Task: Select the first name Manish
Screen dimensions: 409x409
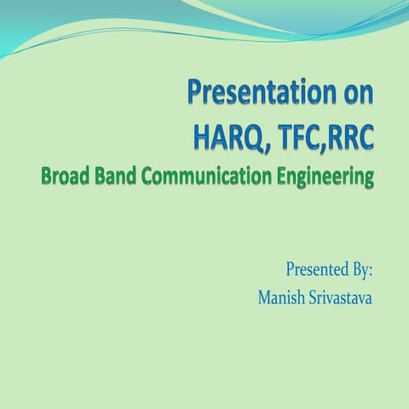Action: coord(281,298)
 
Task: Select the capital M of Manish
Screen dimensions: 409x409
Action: coord(264,298)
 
